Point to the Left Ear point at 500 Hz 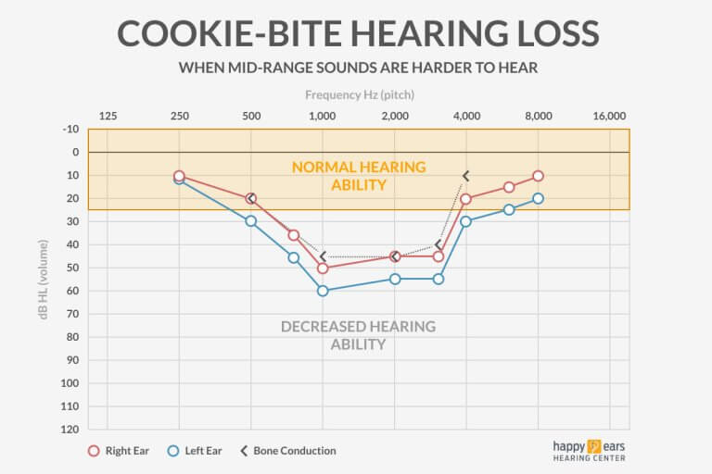pos(251,221)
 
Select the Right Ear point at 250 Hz pos(179,176)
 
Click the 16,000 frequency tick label pos(609,116)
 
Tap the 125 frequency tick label pos(108,116)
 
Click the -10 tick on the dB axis pos(70,129)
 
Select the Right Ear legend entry pos(118,451)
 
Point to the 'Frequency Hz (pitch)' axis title pos(359,94)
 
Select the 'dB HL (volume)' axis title pos(41,279)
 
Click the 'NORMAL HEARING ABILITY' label pos(359,176)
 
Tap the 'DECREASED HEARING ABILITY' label pos(358,335)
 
